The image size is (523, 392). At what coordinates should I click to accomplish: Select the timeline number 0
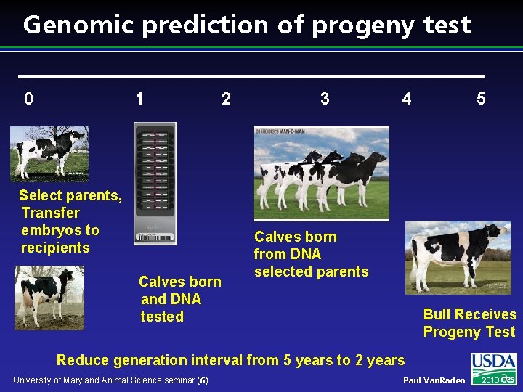click(28, 99)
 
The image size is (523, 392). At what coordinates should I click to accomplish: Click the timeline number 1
click(139, 99)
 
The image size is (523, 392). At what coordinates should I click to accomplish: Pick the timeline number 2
click(226, 99)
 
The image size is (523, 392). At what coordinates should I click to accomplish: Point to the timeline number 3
click(325, 99)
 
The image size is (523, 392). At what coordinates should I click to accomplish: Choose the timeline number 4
click(407, 99)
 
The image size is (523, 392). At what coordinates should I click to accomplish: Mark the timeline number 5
click(481, 99)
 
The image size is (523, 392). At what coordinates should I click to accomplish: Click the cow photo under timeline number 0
click(49, 153)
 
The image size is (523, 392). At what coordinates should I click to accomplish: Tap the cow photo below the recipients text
click(49, 298)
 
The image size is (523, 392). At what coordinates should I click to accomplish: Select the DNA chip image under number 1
click(155, 183)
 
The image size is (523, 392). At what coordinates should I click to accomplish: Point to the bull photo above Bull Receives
click(458, 258)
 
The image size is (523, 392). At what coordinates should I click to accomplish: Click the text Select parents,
click(70, 195)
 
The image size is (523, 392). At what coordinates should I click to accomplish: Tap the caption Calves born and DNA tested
click(179, 299)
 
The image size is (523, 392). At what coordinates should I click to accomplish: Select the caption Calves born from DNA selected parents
click(311, 254)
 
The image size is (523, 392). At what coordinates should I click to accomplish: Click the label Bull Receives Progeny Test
click(469, 323)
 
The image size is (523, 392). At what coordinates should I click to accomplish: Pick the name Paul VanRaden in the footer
click(434, 380)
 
